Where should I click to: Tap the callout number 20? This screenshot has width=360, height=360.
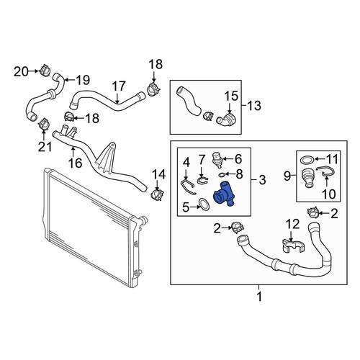[x=21, y=71]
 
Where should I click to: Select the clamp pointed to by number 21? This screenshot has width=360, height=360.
[x=43, y=124]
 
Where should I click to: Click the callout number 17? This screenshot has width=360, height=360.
[x=119, y=86]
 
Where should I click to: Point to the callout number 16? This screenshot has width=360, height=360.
[x=75, y=163]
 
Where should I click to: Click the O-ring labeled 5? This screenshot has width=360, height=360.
[x=204, y=204]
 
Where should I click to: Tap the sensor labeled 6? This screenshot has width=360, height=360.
[x=219, y=159]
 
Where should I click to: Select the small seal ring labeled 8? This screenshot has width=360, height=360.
[x=222, y=174]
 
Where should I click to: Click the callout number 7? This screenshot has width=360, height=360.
[x=202, y=160]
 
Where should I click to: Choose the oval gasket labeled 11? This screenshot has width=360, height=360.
[x=307, y=160]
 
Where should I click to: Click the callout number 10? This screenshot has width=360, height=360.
[x=329, y=194]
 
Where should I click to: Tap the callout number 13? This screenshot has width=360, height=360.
[x=254, y=106]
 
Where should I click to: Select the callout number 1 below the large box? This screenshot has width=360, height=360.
[x=259, y=297]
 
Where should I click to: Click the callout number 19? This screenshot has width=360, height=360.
[x=83, y=80]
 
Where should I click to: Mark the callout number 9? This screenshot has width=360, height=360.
[x=287, y=176]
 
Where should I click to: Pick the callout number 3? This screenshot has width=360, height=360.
[x=263, y=179]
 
